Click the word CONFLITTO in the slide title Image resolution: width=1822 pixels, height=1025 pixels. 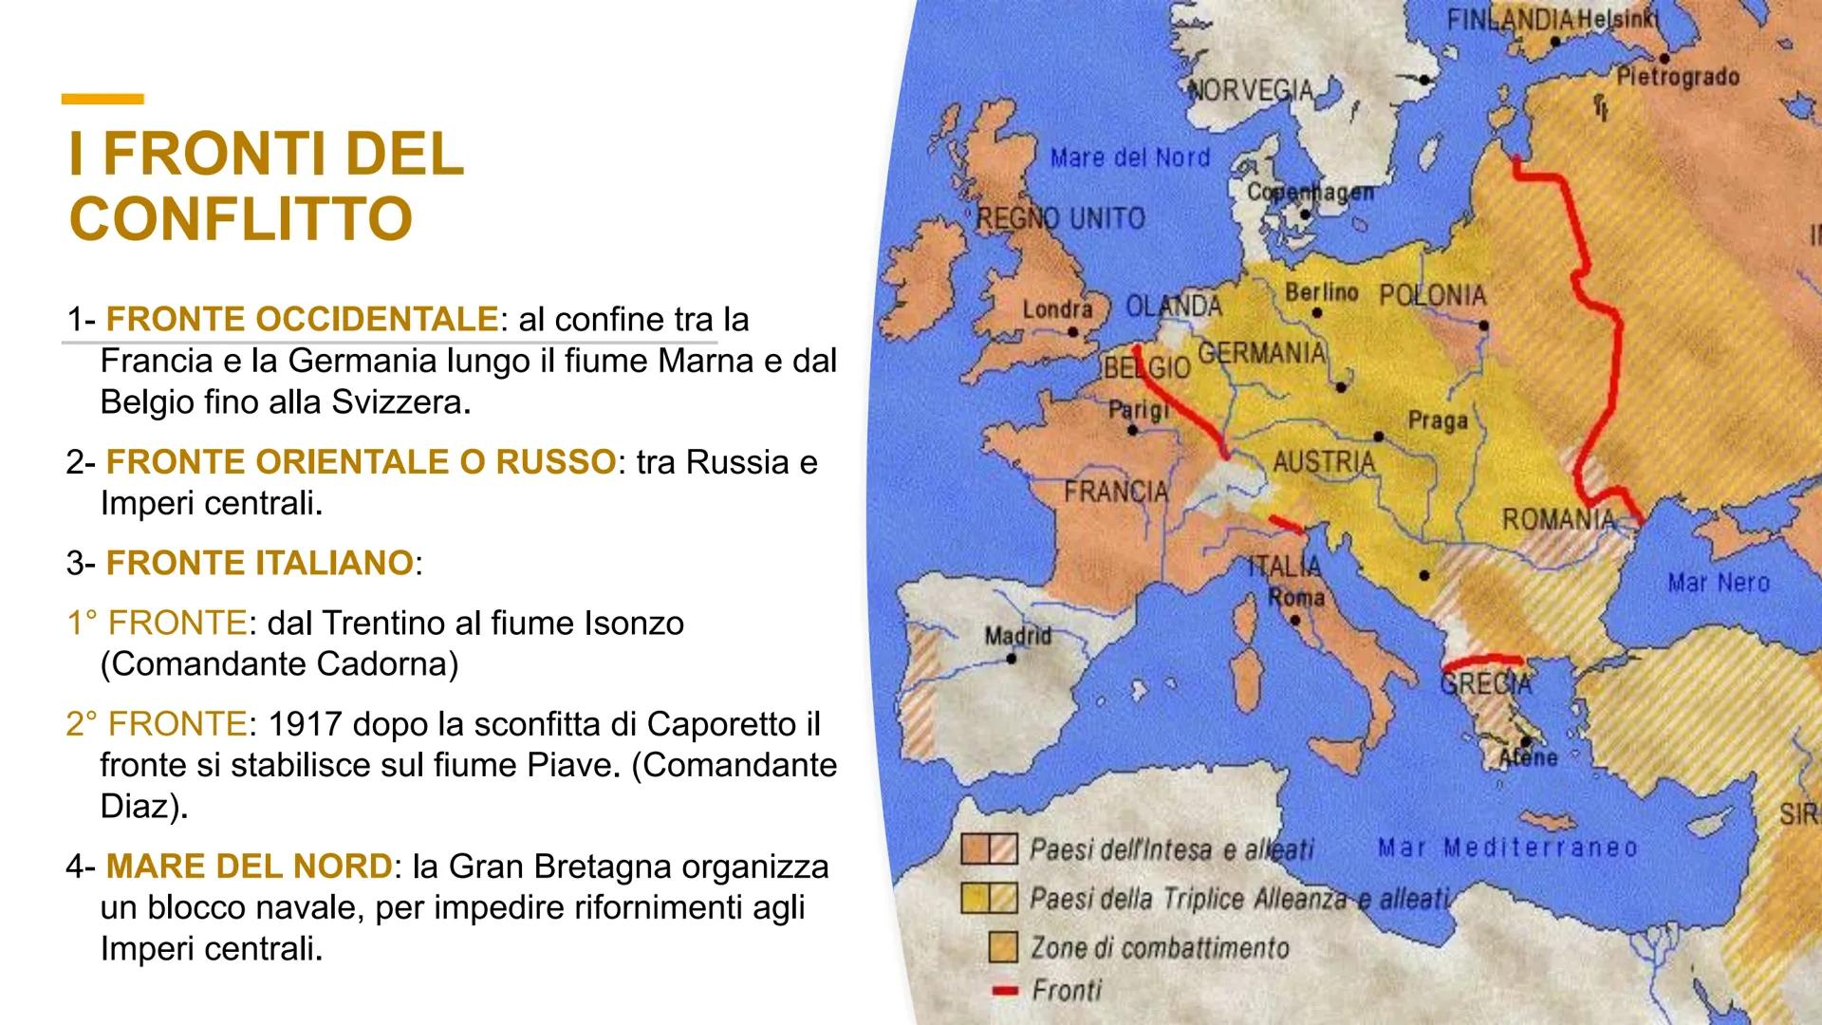coord(241,218)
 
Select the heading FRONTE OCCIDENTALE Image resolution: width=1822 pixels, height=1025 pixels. coord(301,320)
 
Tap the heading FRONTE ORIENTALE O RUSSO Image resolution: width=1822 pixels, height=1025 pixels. coord(361,462)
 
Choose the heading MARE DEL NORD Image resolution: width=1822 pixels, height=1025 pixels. coord(249,867)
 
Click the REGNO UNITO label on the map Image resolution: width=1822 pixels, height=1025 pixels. coord(1061,219)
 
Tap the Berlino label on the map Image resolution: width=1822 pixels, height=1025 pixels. coord(1321,292)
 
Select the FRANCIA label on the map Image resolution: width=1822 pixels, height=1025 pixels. coord(1116,492)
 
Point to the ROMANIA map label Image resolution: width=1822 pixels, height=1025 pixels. coord(1557,519)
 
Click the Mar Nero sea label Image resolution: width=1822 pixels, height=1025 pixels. coord(1719,582)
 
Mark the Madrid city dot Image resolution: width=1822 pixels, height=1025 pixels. coord(1012,658)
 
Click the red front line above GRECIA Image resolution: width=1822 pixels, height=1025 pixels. coord(1482,661)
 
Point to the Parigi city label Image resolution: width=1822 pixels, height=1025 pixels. coord(1139,411)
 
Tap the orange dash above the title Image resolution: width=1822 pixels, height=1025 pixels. coord(102,99)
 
